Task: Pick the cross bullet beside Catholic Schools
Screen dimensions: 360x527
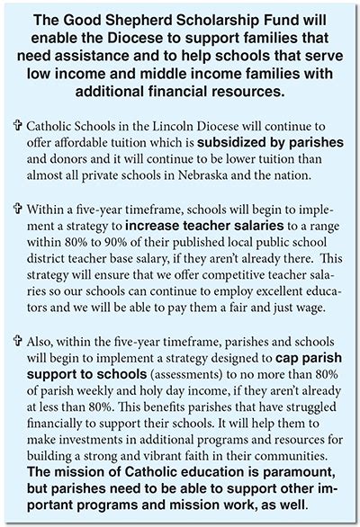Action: coord(18,127)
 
